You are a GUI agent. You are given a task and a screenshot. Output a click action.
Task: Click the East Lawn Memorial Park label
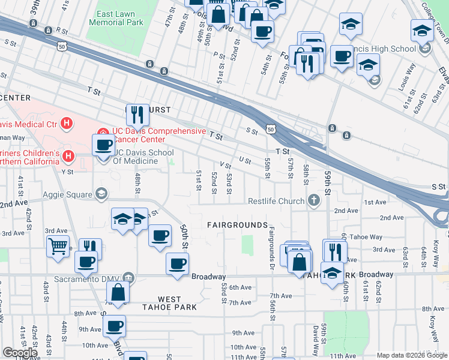tap(116, 18)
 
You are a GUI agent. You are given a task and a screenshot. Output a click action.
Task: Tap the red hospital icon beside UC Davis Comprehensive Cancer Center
tap(102, 131)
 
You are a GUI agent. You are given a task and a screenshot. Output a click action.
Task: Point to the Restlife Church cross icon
tap(313, 200)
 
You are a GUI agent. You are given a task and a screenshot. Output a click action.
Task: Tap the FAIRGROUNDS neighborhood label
tap(237, 225)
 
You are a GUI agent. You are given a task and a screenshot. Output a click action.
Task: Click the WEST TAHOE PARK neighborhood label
tap(169, 303)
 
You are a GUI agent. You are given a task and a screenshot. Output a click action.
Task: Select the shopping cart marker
tap(58, 245)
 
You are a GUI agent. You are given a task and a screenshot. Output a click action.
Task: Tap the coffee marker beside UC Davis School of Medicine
tap(104, 144)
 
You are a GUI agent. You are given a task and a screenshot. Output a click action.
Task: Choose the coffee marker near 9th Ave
tap(114, 326)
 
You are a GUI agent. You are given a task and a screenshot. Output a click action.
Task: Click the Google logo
tap(20, 353)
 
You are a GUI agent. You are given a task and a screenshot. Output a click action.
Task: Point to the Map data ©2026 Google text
tap(412, 355)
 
